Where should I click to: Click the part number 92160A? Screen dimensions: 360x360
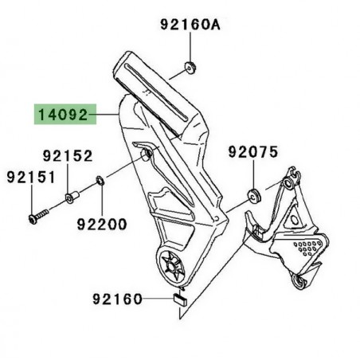pyautogui.click(x=190, y=25)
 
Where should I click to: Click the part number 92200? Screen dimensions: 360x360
pyautogui.click(x=101, y=225)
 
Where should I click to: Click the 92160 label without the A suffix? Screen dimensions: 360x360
pyautogui.click(x=115, y=300)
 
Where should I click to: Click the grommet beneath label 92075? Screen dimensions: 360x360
pyautogui.click(x=254, y=193)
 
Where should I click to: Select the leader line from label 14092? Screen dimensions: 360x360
pyautogui.click(x=108, y=116)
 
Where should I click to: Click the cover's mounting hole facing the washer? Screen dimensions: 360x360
pyautogui.click(x=145, y=153)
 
